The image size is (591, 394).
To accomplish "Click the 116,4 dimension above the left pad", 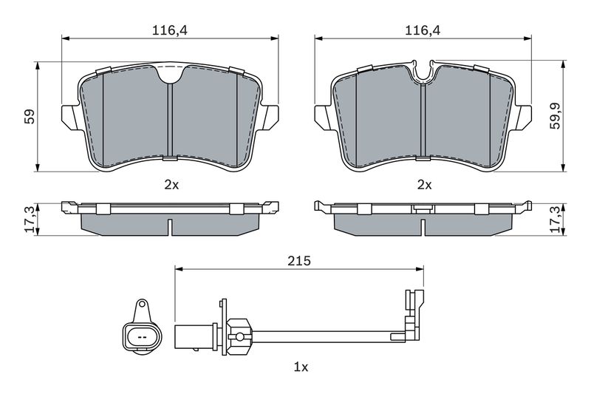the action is click(x=169, y=30).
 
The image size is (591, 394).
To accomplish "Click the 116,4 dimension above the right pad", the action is click(x=423, y=30).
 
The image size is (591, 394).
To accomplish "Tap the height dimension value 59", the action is click(x=30, y=117).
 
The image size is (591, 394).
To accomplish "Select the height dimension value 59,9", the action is click(x=556, y=116).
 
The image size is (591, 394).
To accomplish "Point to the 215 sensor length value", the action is click(x=299, y=260).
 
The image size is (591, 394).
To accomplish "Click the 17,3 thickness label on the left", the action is click(x=30, y=220).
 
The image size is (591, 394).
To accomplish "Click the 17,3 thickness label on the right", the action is click(x=556, y=220).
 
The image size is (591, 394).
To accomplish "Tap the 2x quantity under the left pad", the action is click(x=171, y=185).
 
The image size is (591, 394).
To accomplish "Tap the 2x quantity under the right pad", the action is click(x=424, y=185).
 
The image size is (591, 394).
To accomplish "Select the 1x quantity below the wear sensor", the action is click(x=301, y=367).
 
